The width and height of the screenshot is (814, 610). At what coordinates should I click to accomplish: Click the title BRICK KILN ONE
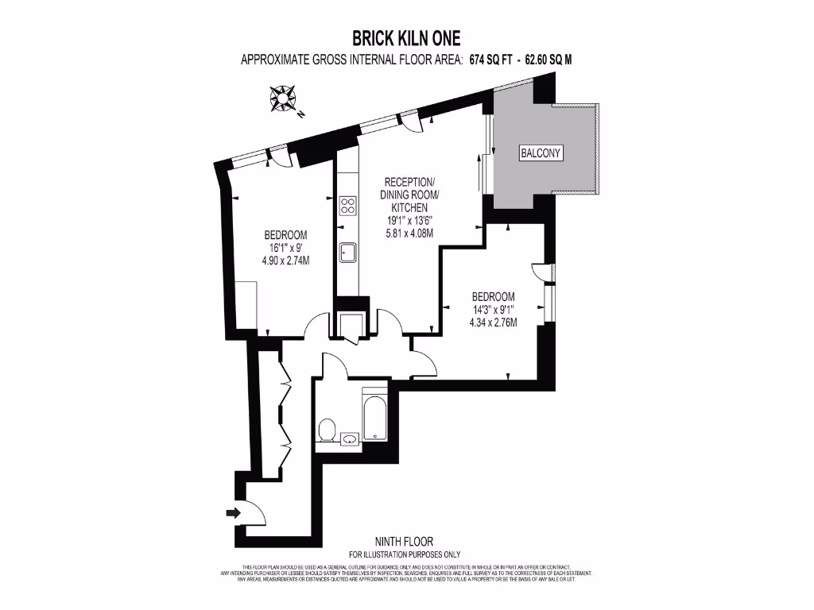(x=406, y=38)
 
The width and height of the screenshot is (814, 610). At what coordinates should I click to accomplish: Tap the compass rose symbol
(x=284, y=100)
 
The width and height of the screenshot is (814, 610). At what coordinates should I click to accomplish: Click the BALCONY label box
(x=541, y=153)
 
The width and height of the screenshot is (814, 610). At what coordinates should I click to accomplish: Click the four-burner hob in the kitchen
(x=348, y=206)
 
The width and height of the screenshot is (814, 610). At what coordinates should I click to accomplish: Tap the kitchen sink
(x=348, y=253)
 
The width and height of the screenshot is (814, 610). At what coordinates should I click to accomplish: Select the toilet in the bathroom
(x=326, y=430)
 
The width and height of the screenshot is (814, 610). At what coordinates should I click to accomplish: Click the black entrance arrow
(x=232, y=513)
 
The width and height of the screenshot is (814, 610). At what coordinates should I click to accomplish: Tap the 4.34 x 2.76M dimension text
(x=493, y=322)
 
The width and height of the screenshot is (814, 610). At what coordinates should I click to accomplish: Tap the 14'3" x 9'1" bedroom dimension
(x=493, y=310)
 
